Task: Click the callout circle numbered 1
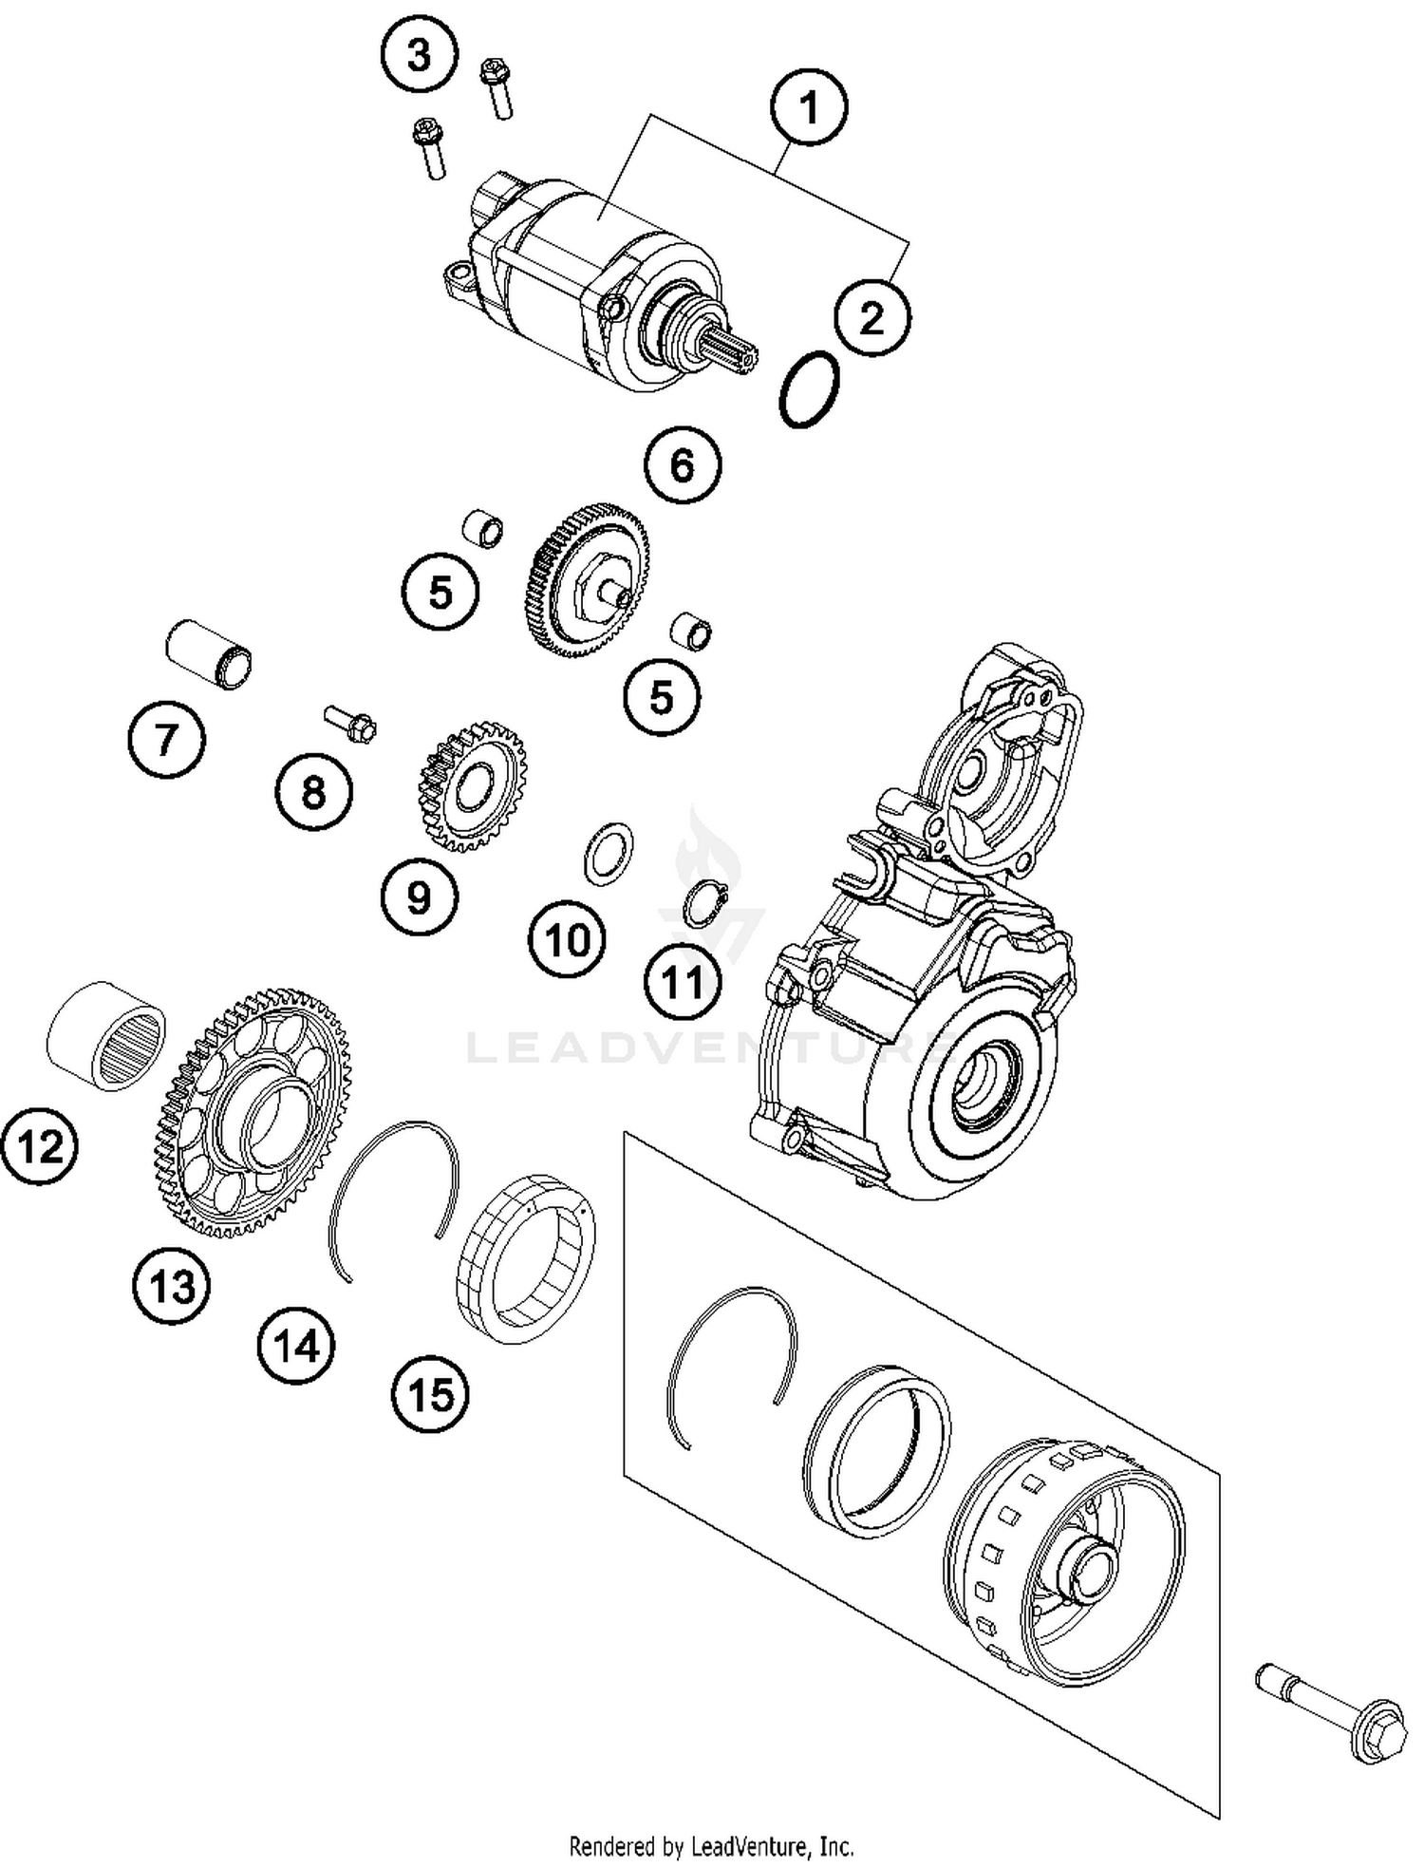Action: [x=809, y=107]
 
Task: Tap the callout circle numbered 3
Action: [x=419, y=56]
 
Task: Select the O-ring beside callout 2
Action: [x=809, y=389]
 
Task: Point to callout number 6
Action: [x=683, y=465]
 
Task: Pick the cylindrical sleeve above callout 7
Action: [x=209, y=653]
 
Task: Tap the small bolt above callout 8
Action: [x=351, y=724]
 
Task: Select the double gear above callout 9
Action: [x=472, y=787]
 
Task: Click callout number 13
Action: [x=172, y=1287]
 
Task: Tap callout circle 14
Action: [x=296, y=1346]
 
